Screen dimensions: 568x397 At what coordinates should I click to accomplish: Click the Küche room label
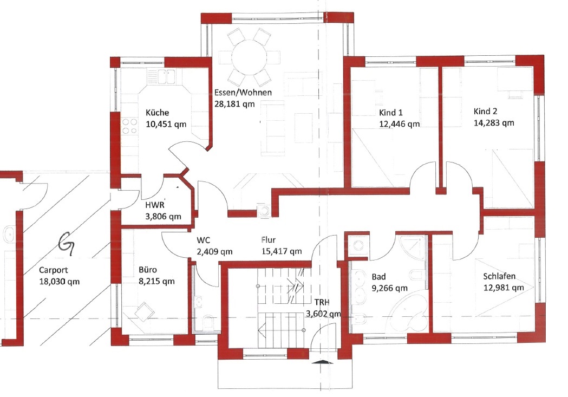[x=157, y=113]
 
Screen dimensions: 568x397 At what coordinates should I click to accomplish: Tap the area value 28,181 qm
[x=234, y=104]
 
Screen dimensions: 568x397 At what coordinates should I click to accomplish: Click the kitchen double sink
[x=161, y=76]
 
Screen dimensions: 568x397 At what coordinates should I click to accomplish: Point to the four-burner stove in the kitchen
[x=130, y=126]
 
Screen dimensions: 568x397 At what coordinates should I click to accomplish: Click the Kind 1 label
[x=390, y=112]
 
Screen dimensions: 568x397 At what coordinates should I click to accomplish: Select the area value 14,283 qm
[x=494, y=123]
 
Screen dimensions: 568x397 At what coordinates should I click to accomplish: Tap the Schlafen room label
[x=499, y=276]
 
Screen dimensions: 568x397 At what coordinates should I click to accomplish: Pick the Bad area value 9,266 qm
[x=389, y=288]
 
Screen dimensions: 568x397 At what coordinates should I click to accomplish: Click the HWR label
[x=155, y=205]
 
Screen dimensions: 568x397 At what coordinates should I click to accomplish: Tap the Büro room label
[x=148, y=270]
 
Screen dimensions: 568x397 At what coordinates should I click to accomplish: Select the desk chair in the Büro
[x=144, y=311]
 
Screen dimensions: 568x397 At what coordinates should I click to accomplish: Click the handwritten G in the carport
[x=68, y=244]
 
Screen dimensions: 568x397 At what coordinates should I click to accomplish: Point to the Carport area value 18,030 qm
[x=60, y=282]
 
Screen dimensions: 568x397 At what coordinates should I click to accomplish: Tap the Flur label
[x=269, y=239]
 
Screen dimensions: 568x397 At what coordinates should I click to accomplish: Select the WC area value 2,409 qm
[x=215, y=251]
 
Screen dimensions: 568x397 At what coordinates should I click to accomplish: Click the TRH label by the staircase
[x=322, y=302]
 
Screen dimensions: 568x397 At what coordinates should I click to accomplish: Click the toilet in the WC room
[x=207, y=322]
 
